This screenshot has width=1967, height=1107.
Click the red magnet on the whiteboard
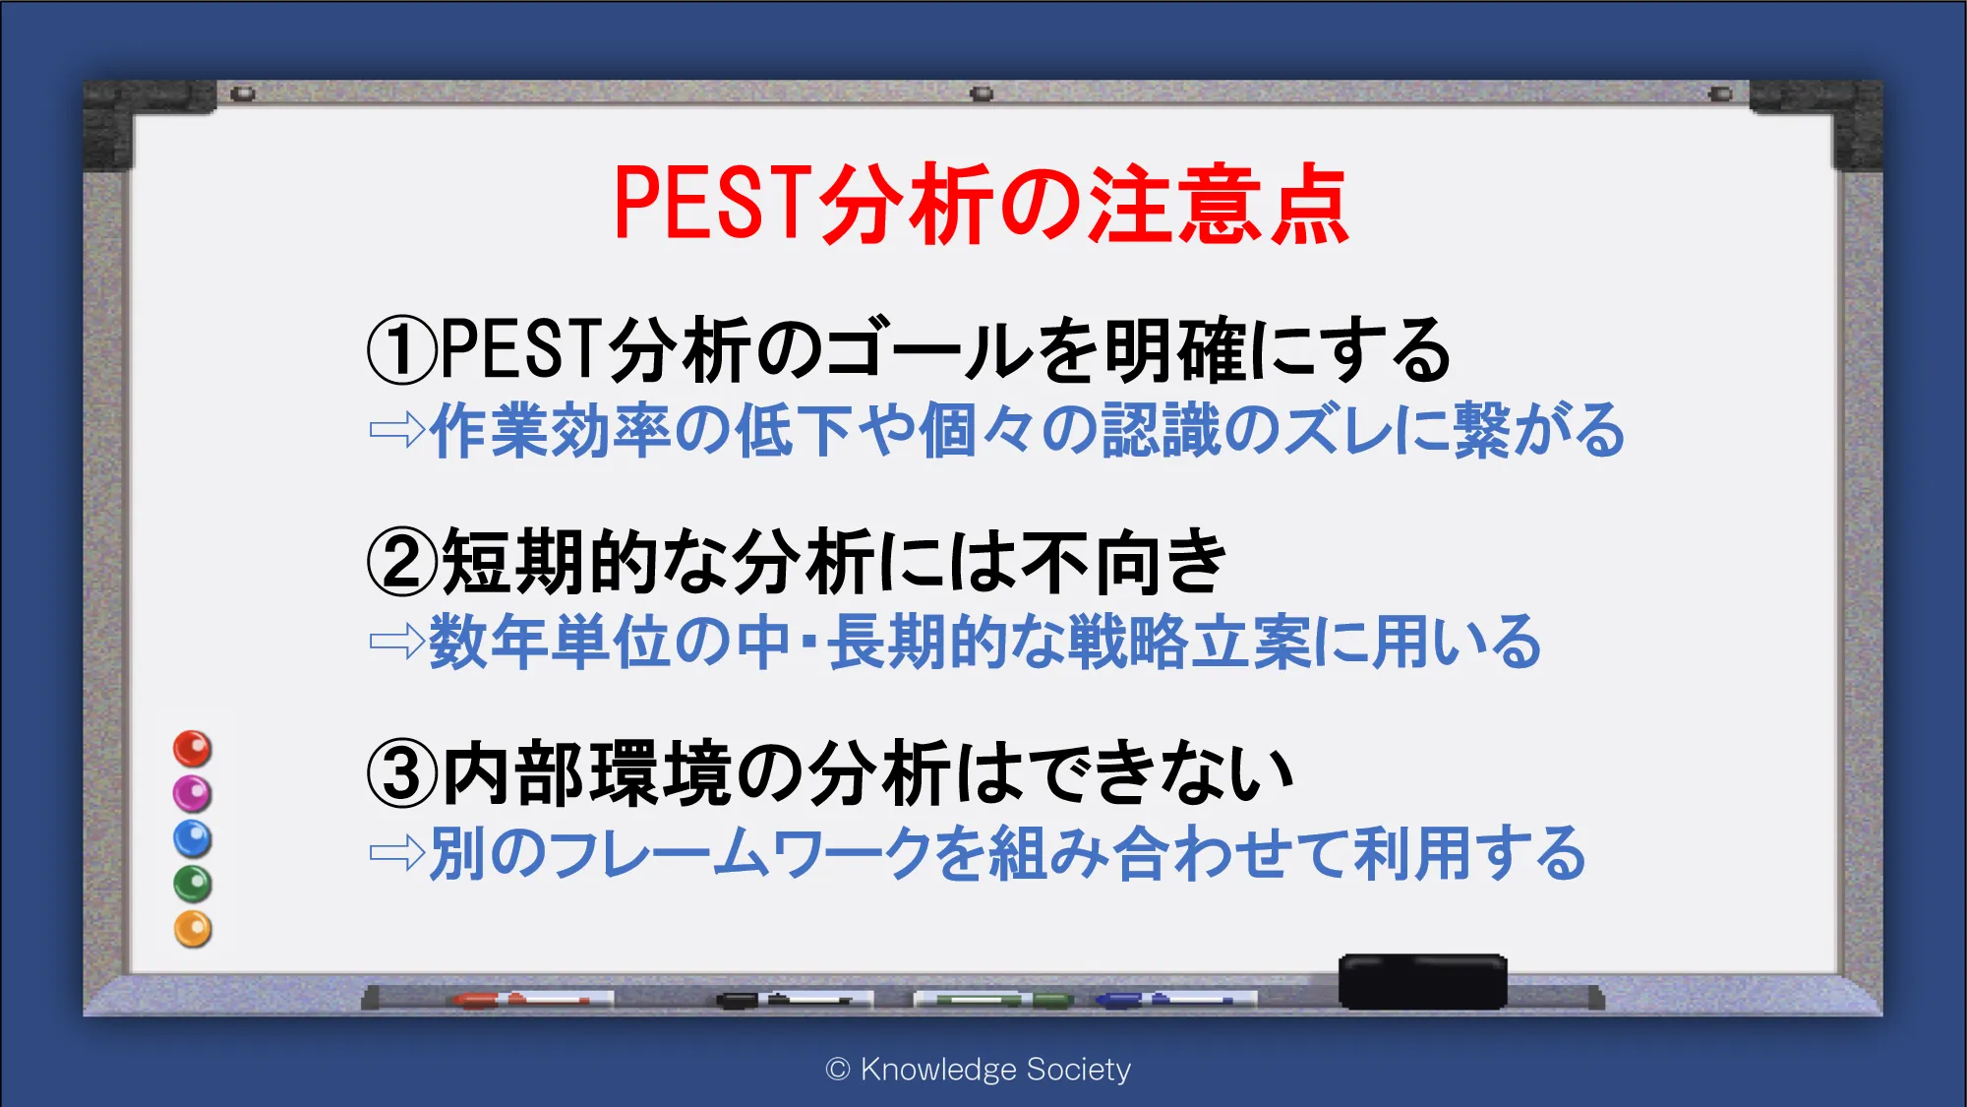pos(193,749)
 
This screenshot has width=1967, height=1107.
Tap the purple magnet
pos(193,793)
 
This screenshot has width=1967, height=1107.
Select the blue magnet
pos(193,838)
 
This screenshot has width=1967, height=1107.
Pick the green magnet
pos(193,884)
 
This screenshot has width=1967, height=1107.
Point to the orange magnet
pos(193,929)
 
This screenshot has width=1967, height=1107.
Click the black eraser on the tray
pos(1422,981)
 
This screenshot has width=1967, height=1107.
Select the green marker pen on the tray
pos(993,1000)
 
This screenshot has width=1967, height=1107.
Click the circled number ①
pos(401,350)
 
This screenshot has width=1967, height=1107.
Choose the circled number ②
pos(401,561)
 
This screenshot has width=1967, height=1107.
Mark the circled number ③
pos(401,773)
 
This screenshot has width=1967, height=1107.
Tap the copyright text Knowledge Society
pos(995,1069)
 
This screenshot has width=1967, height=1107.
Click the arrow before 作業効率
pos(397,430)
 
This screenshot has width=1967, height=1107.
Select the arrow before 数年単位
pos(397,642)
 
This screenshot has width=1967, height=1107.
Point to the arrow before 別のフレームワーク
pos(397,852)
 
